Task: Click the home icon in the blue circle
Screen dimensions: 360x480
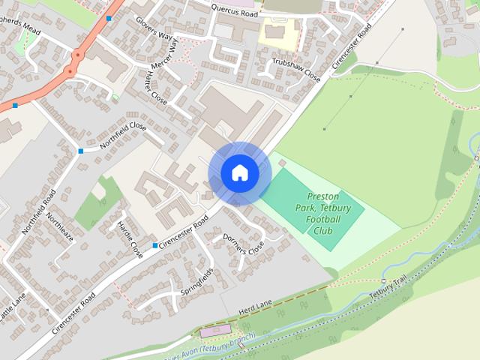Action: (239, 173)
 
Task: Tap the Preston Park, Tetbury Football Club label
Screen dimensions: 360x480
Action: (324, 213)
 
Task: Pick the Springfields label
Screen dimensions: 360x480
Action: (196, 280)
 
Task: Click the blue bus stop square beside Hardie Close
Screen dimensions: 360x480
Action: (155, 246)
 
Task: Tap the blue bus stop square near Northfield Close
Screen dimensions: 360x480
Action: (80, 151)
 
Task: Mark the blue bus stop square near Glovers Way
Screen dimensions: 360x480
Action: (109, 18)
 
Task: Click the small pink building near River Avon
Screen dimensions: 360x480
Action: (215, 331)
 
